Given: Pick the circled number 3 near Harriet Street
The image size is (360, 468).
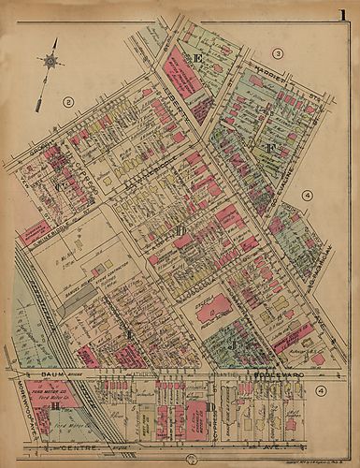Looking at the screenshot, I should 278,53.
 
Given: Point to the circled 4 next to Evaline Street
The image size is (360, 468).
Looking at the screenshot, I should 306,195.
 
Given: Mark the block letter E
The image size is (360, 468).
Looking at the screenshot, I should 198,59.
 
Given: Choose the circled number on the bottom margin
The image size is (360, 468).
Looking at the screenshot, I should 191,458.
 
